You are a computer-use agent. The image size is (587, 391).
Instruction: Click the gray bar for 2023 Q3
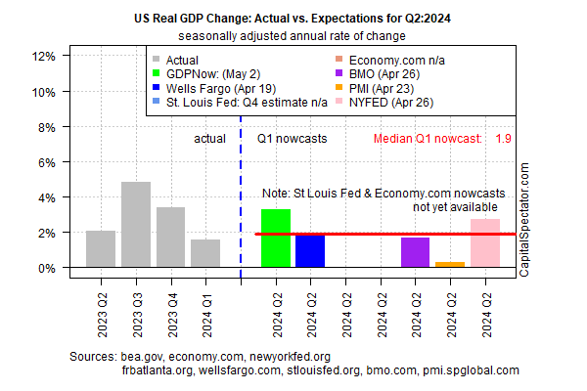(x=135, y=225)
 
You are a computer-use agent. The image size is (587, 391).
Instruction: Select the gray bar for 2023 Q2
(x=101, y=249)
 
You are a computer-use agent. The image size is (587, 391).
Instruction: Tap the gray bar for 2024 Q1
(x=205, y=253)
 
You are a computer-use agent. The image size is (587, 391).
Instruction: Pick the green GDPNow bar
(x=276, y=239)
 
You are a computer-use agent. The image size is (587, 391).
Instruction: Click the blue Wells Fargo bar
(x=310, y=250)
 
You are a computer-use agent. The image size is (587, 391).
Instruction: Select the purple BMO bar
(x=415, y=252)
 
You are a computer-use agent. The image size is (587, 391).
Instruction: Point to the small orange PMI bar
(x=450, y=265)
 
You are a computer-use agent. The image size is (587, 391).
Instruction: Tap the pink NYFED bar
(x=485, y=243)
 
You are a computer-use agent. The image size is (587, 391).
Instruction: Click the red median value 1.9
(x=504, y=139)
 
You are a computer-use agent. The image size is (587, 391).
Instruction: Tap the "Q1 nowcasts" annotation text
(x=293, y=139)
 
